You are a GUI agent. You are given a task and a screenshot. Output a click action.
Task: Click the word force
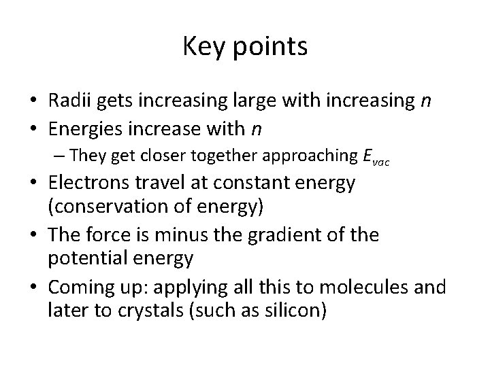pyautogui.click(x=113, y=235)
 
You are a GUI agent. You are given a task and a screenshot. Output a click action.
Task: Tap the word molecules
pyautogui.click(x=369, y=287)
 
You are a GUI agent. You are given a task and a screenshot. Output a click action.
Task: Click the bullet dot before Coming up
pyautogui.click(x=34, y=287)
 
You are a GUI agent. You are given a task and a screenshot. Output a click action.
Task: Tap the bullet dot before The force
pyautogui.click(x=34, y=235)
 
